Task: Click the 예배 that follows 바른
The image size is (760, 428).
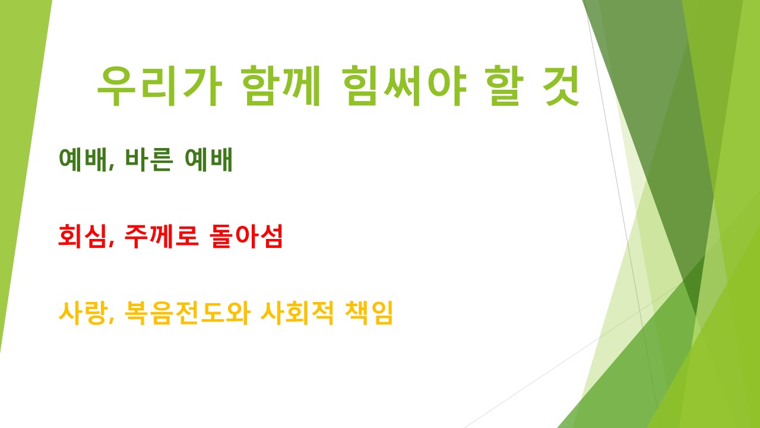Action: point(208,159)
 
